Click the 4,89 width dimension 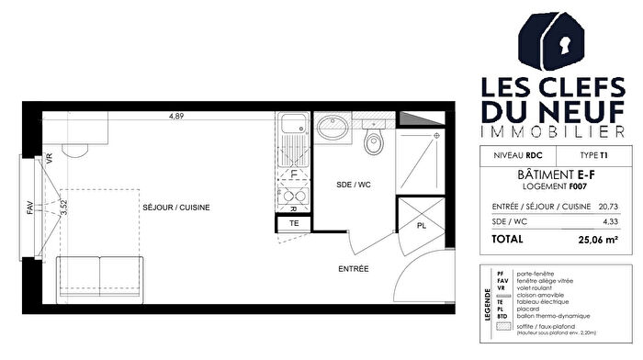coord(175,116)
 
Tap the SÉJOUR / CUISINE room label coord(176,208)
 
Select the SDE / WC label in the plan coord(352,185)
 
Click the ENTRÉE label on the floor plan coord(353,269)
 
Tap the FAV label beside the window coord(29,208)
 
